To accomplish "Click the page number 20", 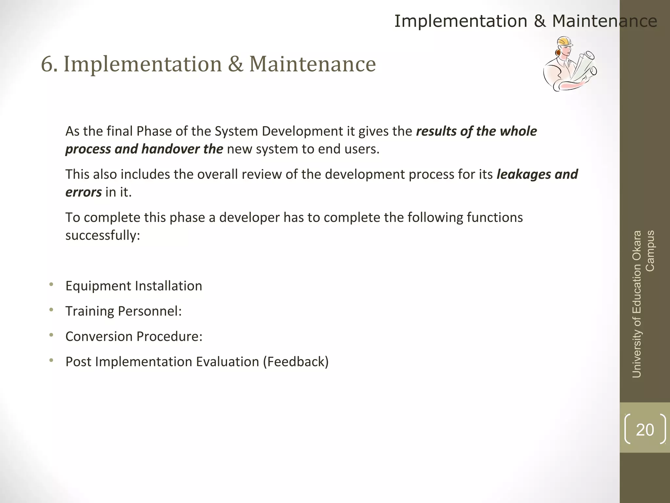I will coord(645,430).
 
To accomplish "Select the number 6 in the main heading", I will coord(47,64).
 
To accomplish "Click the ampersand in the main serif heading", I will coord(236,64).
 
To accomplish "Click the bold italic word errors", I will coord(83,192).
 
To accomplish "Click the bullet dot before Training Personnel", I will coord(51,309).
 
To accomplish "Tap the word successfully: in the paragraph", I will coord(103,235).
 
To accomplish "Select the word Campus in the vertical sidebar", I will coord(650,251).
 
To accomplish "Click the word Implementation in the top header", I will coord(461,22).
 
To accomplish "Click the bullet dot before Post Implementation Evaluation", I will coord(51,360).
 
